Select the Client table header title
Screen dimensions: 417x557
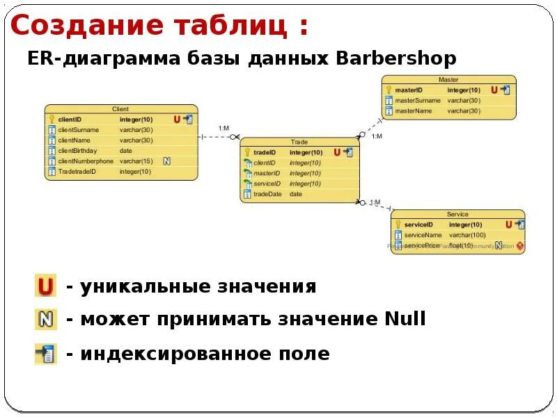(120, 109)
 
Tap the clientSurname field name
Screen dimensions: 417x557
(78, 130)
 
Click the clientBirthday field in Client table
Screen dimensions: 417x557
(77, 151)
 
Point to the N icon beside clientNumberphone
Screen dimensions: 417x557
(167, 161)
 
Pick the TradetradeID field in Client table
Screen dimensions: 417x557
(77, 172)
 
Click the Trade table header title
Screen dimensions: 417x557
(299, 142)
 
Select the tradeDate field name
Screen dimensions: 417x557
(267, 194)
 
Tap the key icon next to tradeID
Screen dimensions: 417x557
(246, 152)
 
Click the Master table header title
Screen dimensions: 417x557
(448, 80)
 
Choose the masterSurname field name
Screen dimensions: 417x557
(418, 100)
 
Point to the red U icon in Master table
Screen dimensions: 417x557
(494, 90)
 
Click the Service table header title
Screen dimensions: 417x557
(457, 214)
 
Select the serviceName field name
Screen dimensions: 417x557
(423, 235)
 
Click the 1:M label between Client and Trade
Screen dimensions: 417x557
(224, 128)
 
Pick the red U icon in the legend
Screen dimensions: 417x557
(45, 286)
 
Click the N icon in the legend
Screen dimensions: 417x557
(45, 320)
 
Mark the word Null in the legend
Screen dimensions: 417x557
(405, 320)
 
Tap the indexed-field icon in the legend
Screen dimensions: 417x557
(45, 354)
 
